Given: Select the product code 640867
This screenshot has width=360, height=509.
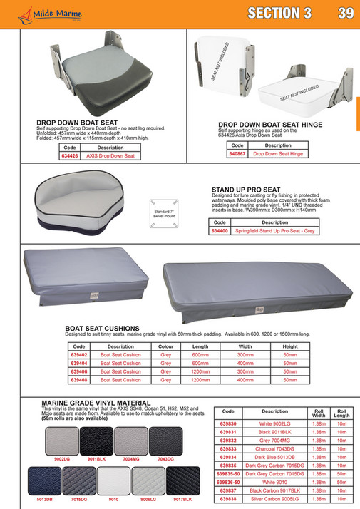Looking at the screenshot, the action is coord(236,153).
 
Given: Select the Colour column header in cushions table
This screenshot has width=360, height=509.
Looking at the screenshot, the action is coord(166,346).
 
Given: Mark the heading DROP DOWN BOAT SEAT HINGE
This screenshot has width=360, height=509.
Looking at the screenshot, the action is coord(270,124).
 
